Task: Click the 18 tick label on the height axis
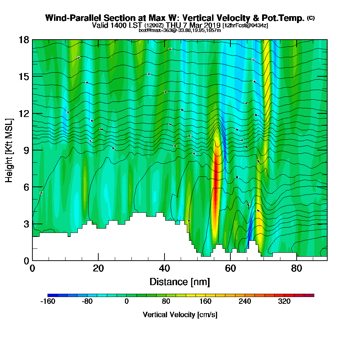24,40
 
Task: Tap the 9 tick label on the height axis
26,150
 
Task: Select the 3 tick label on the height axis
26,224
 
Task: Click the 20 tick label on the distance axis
98,268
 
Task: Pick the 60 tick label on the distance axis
230,268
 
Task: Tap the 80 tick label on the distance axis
296,268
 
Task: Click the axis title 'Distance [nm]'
180,282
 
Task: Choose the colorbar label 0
126,302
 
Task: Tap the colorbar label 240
245,302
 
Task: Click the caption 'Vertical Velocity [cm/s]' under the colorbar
180,315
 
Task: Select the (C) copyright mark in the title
311,18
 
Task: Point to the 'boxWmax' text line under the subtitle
180,30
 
